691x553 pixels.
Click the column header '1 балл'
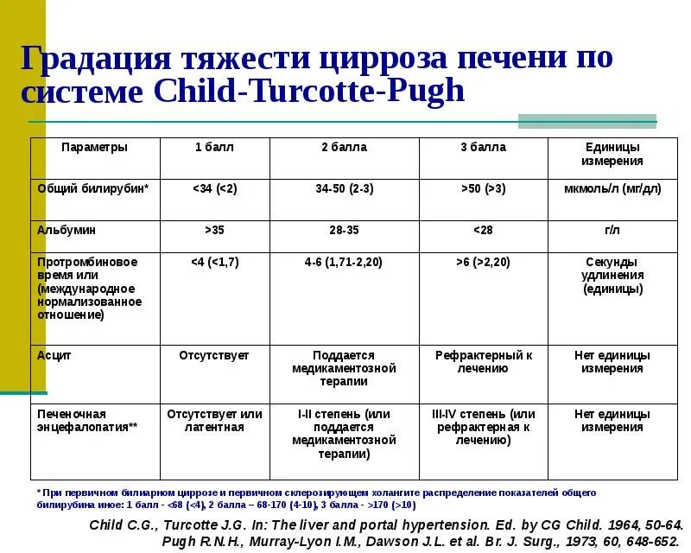point(214,147)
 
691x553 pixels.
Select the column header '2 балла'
point(344,147)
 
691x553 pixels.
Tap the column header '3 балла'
point(483,147)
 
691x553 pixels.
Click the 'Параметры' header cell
point(94,147)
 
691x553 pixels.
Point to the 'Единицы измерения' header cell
point(612,154)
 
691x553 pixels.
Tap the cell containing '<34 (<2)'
point(214,188)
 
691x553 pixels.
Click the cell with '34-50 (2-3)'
point(344,188)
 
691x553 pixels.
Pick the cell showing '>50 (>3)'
point(483,188)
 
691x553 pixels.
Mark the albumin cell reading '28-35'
point(344,231)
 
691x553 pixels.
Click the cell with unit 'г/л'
point(612,231)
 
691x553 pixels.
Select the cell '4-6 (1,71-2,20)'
point(344,261)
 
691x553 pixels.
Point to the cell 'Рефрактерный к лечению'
point(483,361)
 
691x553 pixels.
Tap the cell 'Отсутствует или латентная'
point(214,421)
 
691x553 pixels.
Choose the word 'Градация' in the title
point(95,58)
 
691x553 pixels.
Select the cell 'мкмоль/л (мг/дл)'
point(612,188)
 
